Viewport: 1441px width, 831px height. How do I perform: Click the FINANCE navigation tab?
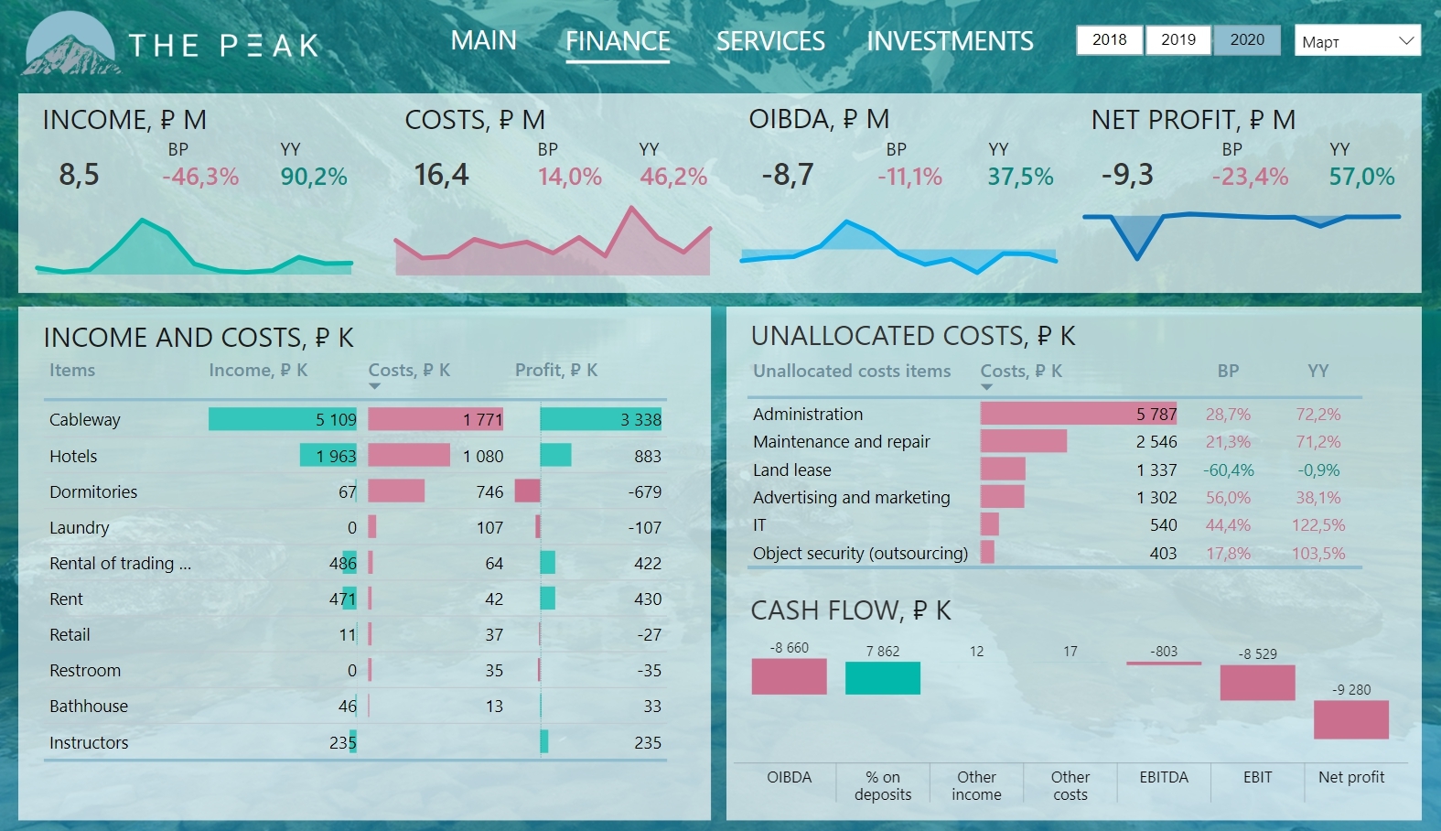[618, 42]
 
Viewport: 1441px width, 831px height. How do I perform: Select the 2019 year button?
[1178, 39]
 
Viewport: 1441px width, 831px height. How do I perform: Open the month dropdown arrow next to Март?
[1406, 40]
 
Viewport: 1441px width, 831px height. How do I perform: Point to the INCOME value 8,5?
[79, 175]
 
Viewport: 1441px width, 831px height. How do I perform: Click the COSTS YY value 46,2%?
[673, 177]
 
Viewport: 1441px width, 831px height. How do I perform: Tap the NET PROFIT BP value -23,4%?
[1250, 177]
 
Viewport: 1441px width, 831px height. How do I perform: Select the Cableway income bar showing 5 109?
[283, 419]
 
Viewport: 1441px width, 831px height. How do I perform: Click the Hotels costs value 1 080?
[483, 456]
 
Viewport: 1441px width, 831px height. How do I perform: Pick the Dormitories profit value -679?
[644, 491]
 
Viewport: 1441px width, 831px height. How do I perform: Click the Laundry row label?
[80, 527]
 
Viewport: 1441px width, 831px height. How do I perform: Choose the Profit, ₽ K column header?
[556, 370]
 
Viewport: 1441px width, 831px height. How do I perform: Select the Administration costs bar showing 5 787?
[1078, 414]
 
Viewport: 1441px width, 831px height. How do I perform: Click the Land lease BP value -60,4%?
[1228, 469]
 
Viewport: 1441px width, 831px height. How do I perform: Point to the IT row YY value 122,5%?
[1317, 525]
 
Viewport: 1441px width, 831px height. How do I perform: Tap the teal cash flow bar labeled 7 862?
[882, 678]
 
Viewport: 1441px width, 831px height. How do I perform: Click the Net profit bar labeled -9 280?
[1350, 719]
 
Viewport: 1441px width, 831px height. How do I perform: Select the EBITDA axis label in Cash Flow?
[1164, 777]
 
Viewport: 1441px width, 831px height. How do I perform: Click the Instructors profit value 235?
[647, 742]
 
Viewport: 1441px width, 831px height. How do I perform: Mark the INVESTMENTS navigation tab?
[950, 42]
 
